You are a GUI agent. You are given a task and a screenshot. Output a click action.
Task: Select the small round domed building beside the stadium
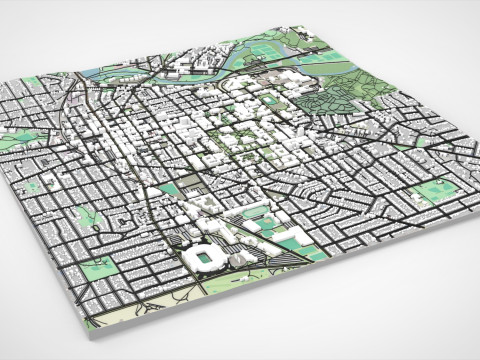coord(239,260)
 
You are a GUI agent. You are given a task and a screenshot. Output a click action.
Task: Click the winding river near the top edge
coord(150,68)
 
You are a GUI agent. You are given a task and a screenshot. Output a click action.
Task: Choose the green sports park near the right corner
coord(432,190)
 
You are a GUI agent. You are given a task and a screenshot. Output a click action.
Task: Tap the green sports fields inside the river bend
coord(262,50)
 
